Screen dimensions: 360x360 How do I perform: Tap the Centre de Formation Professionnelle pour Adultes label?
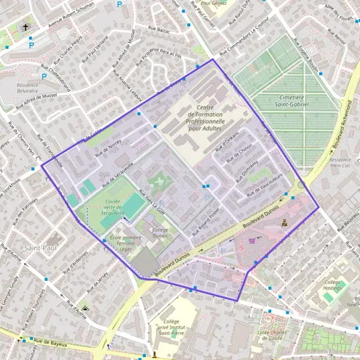coord(205,118)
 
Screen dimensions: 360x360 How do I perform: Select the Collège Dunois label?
coord(160,233)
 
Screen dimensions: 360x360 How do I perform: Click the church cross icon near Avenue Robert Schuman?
coord(25,27)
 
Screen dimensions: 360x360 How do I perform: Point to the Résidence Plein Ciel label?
coord(340,164)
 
